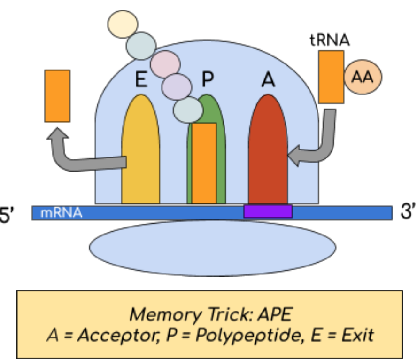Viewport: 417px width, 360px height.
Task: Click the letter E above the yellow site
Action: [141, 80]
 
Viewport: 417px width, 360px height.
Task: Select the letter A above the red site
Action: [268, 81]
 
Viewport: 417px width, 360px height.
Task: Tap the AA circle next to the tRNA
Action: [363, 77]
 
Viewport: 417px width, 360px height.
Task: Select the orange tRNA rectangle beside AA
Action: [331, 77]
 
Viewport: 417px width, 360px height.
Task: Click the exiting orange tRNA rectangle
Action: [57, 96]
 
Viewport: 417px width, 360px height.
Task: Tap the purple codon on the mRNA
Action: [268, 211]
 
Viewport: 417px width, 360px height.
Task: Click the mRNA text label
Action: [61, 213]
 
